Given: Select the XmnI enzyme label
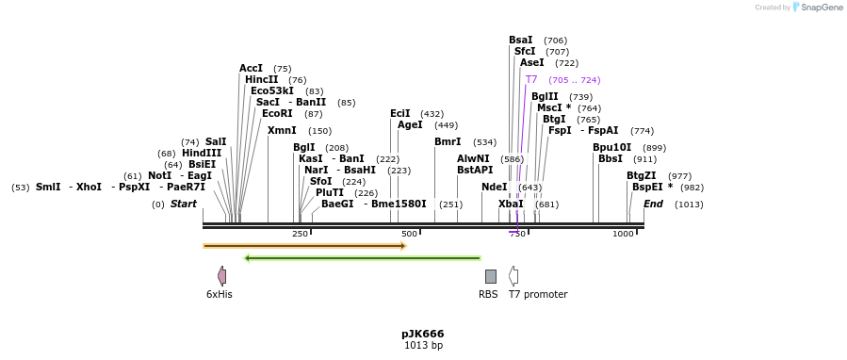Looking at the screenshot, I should [282, 131].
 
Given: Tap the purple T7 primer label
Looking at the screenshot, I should [531, 80].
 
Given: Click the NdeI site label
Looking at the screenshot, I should [494, 188].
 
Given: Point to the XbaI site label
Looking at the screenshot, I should [511, 205].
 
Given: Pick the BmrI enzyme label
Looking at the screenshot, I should [448, 142].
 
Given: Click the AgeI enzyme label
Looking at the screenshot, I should [410, 125].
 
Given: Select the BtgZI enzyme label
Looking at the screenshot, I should [641, 176].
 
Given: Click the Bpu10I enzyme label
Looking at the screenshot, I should [611, 148].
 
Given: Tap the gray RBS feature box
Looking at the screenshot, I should [490, 276].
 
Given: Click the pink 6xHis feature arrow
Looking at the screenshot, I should [221, 276].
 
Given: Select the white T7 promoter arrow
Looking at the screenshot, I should [513, 276].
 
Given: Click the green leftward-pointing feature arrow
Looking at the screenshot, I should [362, 258].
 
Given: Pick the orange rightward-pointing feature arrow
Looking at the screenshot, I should [304, 246].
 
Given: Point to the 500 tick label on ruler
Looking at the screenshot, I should [409, 234].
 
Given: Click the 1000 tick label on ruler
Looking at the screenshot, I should [623, 234].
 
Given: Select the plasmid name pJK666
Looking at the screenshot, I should [422, 334].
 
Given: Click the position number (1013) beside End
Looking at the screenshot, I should [689, 205].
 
